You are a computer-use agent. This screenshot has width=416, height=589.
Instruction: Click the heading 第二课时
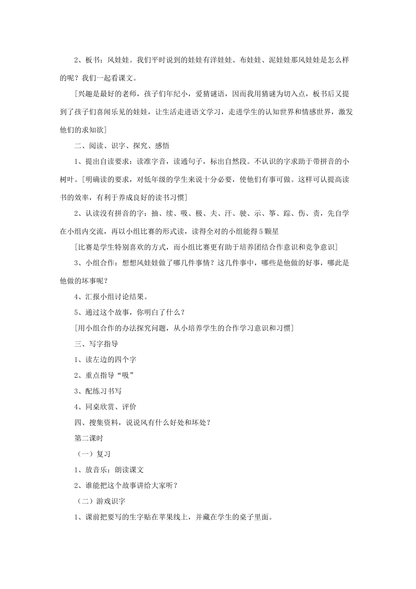click(x=89, y=438)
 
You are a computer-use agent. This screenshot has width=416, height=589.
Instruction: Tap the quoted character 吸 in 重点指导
click(x=125, y=375)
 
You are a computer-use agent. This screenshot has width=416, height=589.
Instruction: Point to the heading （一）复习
click(x=91, y=454)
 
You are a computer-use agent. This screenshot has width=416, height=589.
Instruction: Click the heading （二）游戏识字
click(x=99, y=501)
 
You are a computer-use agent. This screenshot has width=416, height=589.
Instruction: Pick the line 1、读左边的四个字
click(x=105, y=359)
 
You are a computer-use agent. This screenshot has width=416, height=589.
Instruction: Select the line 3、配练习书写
click(x=98, y=391)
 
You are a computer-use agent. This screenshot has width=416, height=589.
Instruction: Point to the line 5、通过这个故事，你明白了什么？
click(x=130, y=312)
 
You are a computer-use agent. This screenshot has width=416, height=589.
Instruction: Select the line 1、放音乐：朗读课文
click(x=109, y=469)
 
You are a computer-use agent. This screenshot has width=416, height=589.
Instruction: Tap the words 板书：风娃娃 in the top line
click(x=109, y=60)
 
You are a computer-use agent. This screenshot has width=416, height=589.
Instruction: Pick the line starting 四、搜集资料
click(x=143, y=422)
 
